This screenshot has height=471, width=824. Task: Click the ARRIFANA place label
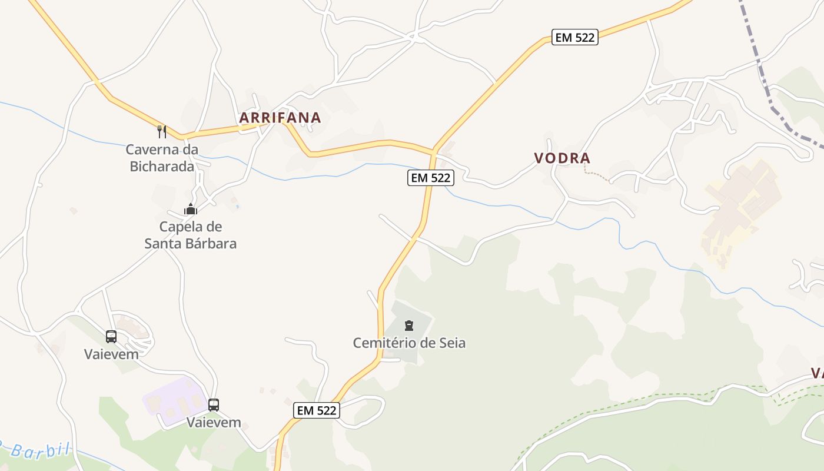pos(280,118)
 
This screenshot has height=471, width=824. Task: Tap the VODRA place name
pos(562,158)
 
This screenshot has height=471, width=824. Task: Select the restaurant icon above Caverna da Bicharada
pos(162,131)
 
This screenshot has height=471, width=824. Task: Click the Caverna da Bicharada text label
pos(162,158)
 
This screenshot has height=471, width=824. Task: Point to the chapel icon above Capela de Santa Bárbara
pos(190,209)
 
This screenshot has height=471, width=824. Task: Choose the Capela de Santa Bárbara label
pos(191,235)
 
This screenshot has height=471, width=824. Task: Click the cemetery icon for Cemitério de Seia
pos(409,325)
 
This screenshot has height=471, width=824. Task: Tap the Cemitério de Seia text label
pos(409,343)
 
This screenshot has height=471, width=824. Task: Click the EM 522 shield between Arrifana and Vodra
pos(431,177)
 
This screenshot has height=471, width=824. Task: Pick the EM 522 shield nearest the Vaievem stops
pos(317,410)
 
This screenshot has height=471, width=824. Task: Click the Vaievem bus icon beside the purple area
pos(214,405)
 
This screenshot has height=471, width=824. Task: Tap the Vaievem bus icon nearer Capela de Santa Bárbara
pos(111,337)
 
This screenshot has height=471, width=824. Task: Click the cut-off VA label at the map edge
pos(817,373)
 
